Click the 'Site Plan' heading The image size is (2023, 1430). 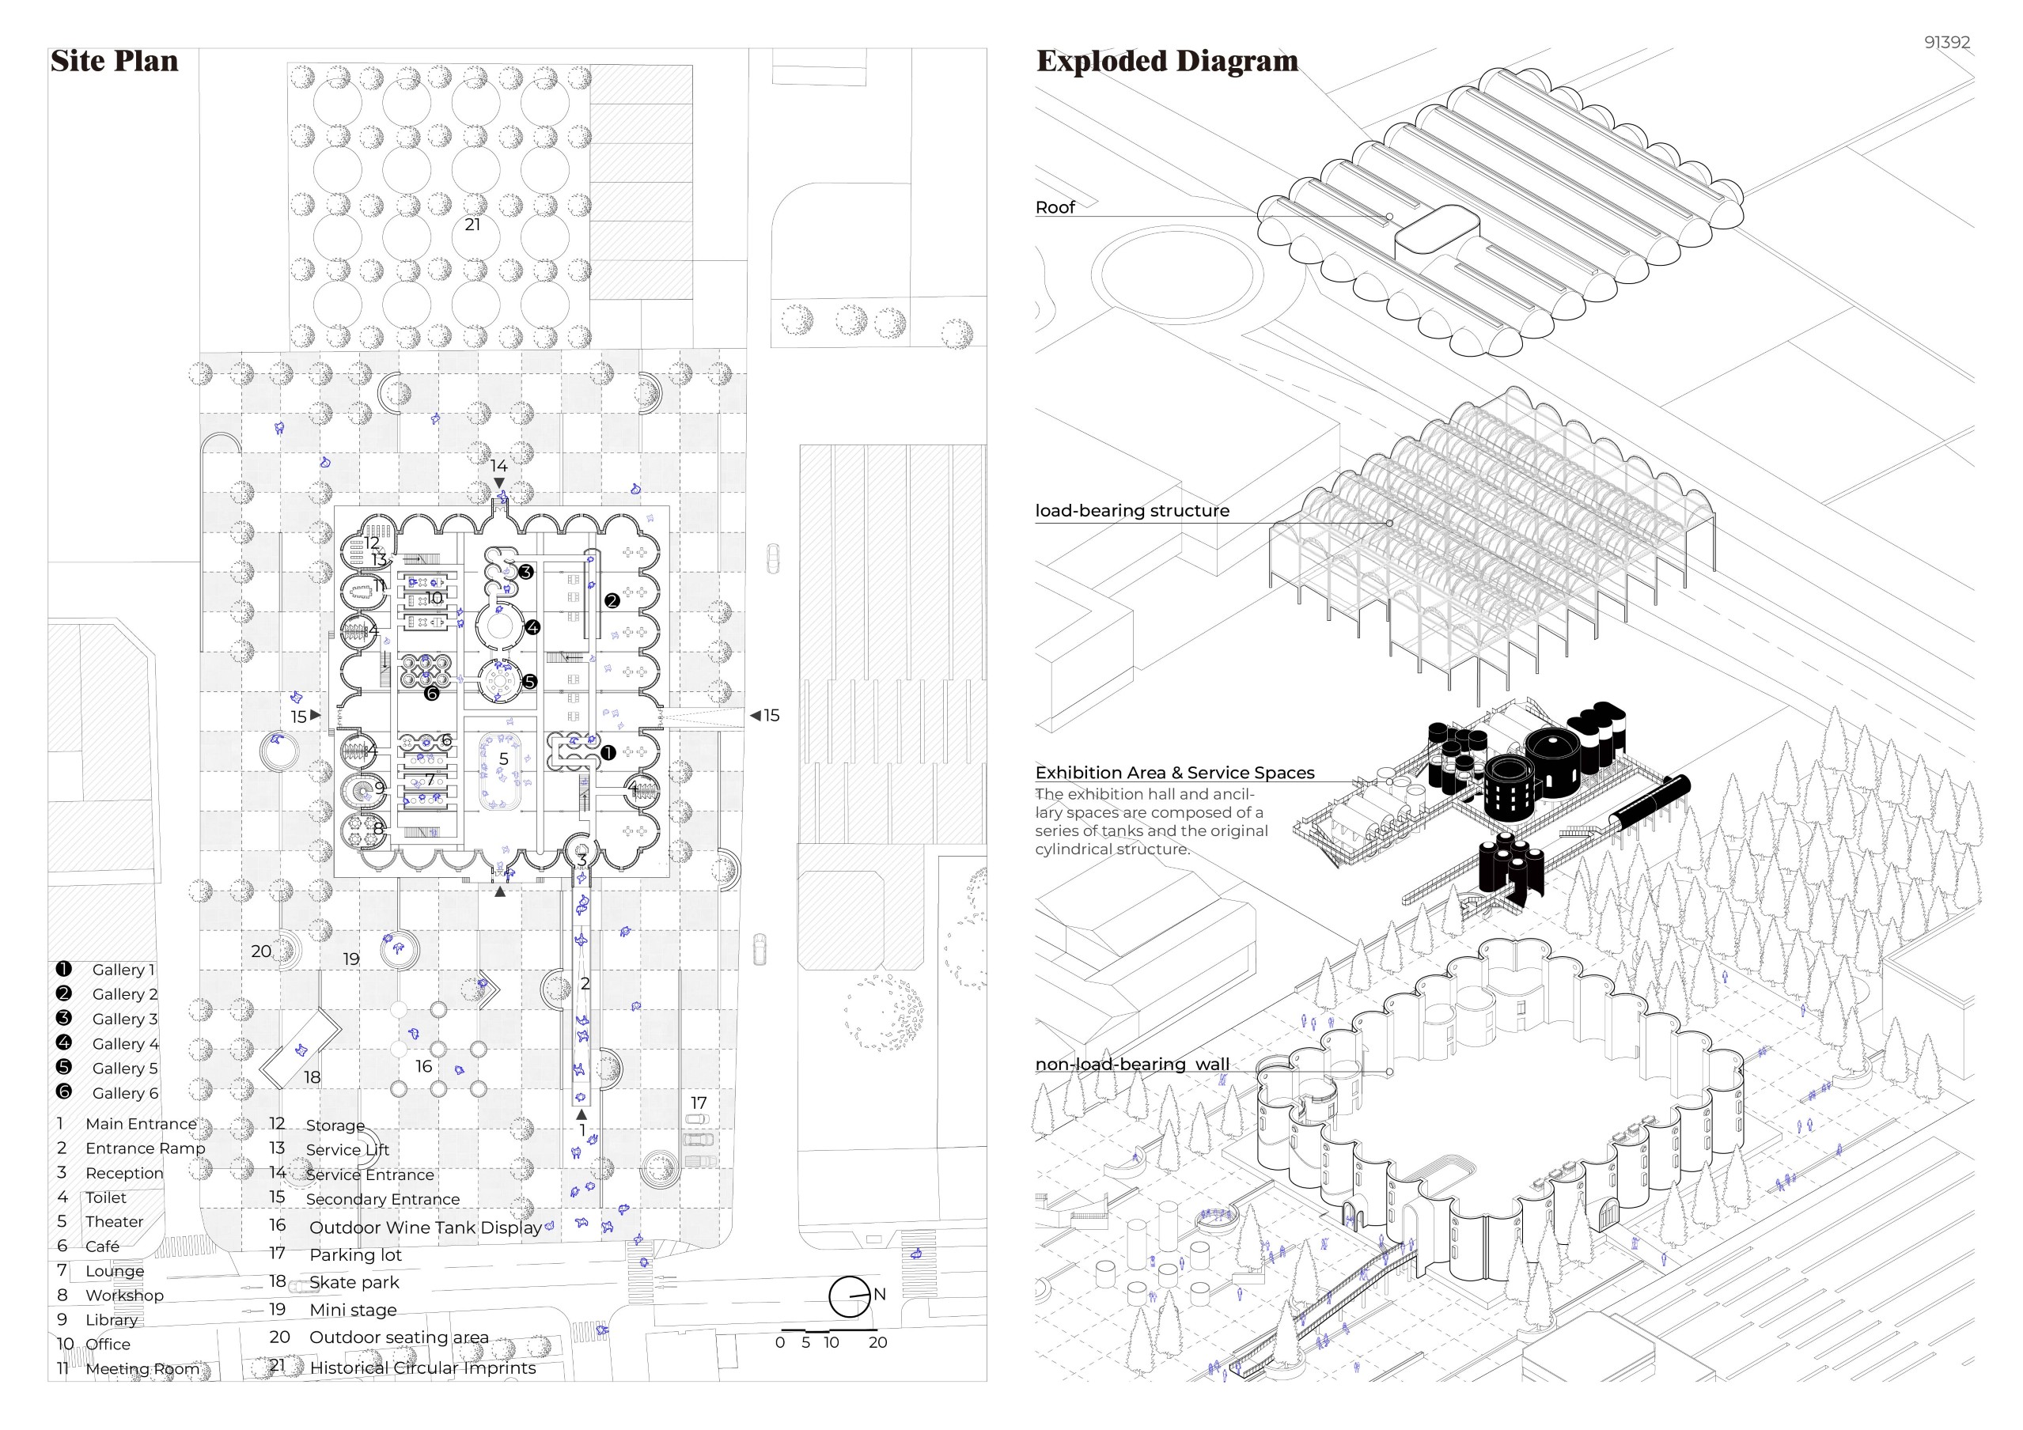click(114, 61)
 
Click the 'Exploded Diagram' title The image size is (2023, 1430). click(1167, 61)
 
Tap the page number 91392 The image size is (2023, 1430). click(1946, 42)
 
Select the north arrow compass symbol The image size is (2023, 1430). click(850, 1296)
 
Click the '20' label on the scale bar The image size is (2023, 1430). click(877, 1343)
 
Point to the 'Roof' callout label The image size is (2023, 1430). click(1055, 207)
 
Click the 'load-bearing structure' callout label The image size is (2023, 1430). click(1131, 510)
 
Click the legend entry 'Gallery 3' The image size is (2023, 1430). click(125, 1019)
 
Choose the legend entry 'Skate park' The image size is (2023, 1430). click(354, 1282)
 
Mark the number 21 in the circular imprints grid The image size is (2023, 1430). click(472, 225)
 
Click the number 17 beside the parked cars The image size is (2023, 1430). click(699, 1103)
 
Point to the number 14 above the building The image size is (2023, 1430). click(498, 465)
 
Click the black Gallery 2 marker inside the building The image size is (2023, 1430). click(612, 601)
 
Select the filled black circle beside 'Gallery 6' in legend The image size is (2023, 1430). click(63, 1091)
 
